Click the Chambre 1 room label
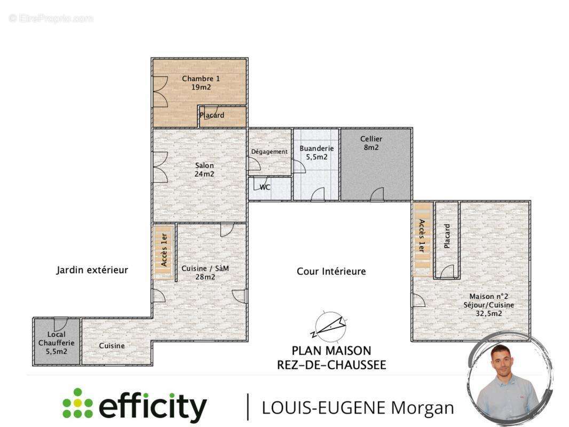coord(201,83)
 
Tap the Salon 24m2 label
coord(204,169)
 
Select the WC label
coord(265,187)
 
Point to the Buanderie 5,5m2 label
coord(317,153)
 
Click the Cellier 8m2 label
coord(371,143)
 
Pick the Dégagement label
coord(269,152)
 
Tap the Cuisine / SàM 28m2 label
coord(205,272)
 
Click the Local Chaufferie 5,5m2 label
coord(56,343)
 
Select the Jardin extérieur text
coord(92,270)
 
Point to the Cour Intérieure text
coord(331,271)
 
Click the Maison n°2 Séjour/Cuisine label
coord(489,305)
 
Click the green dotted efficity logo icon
coord(77,403)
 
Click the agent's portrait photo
coord(508,379)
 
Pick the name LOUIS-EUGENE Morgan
coord(358,408)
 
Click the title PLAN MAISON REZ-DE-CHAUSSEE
coord(331,358)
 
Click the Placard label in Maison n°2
coord(447,236)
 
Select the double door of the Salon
coord(160,167)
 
